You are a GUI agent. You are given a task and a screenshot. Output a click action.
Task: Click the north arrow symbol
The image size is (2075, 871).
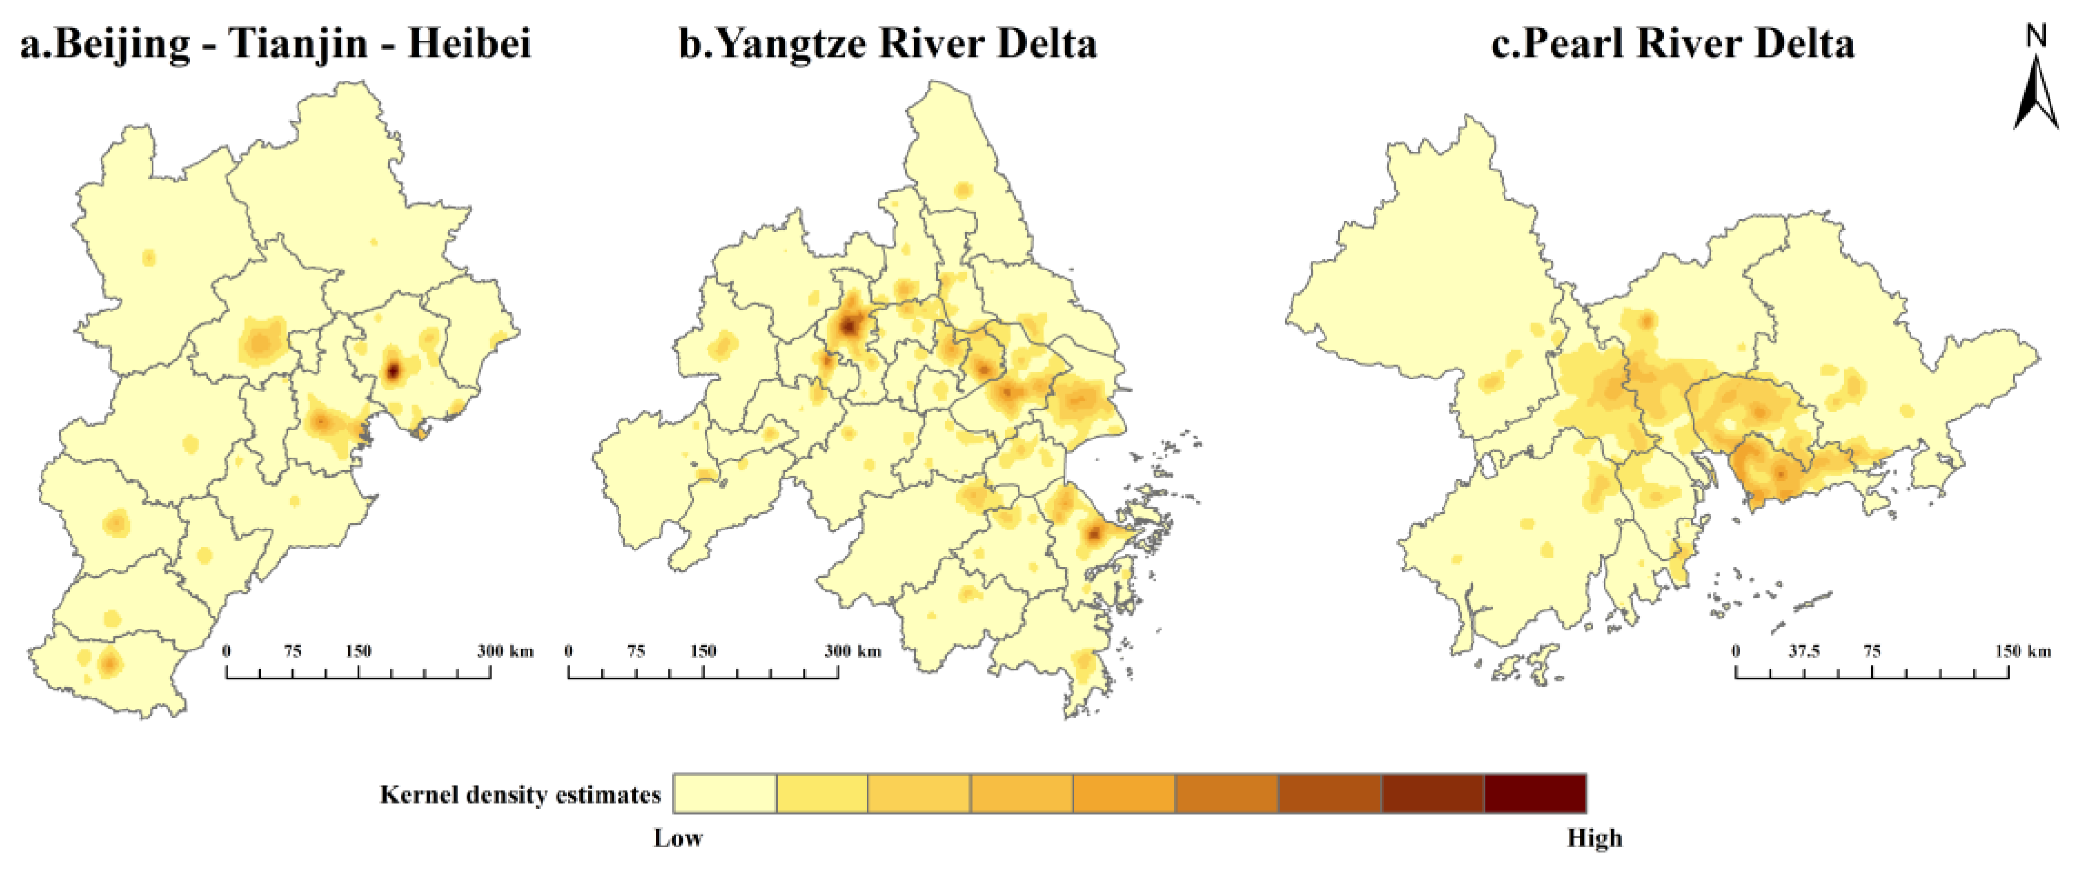[2036, 93]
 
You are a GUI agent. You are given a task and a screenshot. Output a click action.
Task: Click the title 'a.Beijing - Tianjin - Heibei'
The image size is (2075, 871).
[276, 42]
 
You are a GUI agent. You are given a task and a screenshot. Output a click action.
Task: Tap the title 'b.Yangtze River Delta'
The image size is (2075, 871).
[888, 42]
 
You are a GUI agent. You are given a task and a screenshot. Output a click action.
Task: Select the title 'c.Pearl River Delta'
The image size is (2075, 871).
[1672, 42]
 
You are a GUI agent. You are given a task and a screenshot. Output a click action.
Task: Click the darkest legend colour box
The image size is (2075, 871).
[1534, 793]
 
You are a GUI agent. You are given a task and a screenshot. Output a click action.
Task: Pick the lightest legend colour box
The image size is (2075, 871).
[724, 793]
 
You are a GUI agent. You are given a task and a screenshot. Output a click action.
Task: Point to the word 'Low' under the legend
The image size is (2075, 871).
[678, 838]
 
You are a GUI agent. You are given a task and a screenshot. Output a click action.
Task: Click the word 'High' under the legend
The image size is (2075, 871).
[1594, 838]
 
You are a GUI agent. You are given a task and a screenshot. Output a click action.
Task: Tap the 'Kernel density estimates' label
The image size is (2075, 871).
[521, 795]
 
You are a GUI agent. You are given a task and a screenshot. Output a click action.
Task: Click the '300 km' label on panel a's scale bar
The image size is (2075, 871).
[504, 650]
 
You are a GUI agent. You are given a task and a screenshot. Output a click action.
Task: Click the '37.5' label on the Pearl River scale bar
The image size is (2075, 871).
[1804, 650]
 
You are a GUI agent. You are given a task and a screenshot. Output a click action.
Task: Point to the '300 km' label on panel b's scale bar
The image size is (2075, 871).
[852, 650]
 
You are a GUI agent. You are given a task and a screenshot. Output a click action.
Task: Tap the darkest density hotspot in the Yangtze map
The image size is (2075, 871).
[849, 326]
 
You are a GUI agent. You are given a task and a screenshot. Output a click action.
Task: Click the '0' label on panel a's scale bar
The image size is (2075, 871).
[227, 650]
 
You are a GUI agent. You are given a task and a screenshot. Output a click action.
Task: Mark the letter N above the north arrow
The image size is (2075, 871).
[2036, 35]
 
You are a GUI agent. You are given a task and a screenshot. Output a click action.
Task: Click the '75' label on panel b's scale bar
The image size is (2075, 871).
[636, 650]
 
